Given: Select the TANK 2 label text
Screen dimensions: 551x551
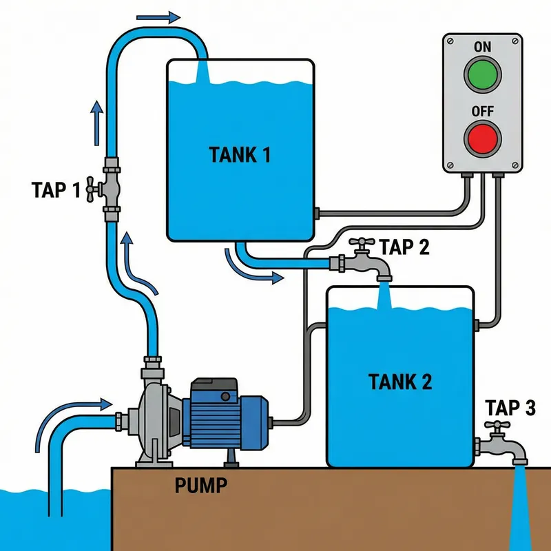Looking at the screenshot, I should coord(400,381).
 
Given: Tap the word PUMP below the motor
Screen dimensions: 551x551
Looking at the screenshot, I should coord(200,486).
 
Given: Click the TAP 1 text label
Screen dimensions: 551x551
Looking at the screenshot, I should coord(56,189).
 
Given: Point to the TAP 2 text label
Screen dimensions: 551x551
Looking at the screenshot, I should coord(404,247).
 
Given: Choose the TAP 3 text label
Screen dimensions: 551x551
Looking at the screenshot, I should coord(510,408).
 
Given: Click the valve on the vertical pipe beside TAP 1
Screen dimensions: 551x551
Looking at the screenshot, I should coord(110,188).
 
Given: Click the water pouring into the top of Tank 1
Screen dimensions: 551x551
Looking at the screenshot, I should coord(203,72).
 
